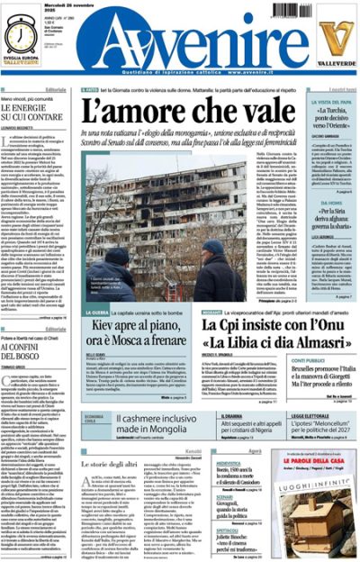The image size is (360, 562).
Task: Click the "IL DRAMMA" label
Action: [x=210, y=416]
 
